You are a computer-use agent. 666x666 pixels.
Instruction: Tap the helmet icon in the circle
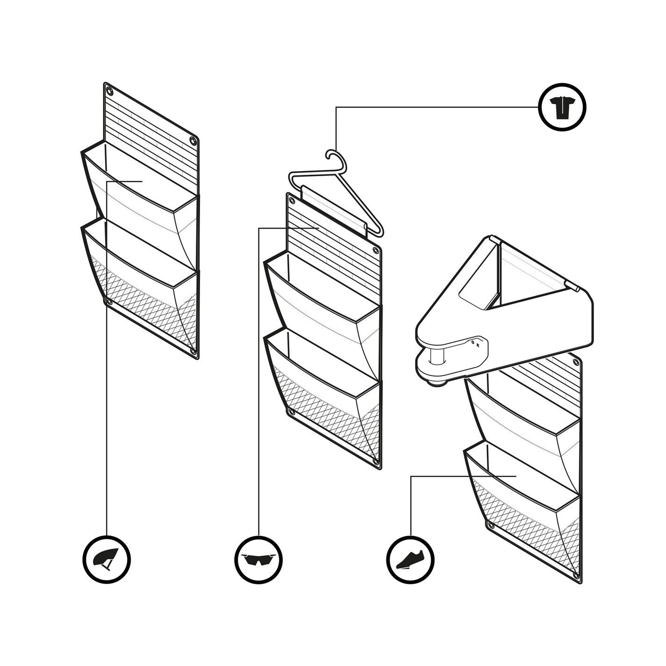pyautogui.click(x=107, y=559)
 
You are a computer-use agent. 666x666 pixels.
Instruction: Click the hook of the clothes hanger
pyautogui.click(x=333, y=155)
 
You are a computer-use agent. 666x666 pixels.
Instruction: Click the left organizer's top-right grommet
pyautogui.click(x=193, y=140)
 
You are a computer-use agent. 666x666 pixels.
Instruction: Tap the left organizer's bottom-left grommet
pyautogui.click(x=109, y=302)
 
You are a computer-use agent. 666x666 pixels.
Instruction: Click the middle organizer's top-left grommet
pyautogui.click(x=293, y=201)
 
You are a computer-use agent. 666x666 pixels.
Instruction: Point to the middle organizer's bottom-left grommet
pyautogui.click(x=292, y=412)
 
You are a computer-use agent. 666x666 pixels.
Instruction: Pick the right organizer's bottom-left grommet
pyautogui.click(x=490, y=526)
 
